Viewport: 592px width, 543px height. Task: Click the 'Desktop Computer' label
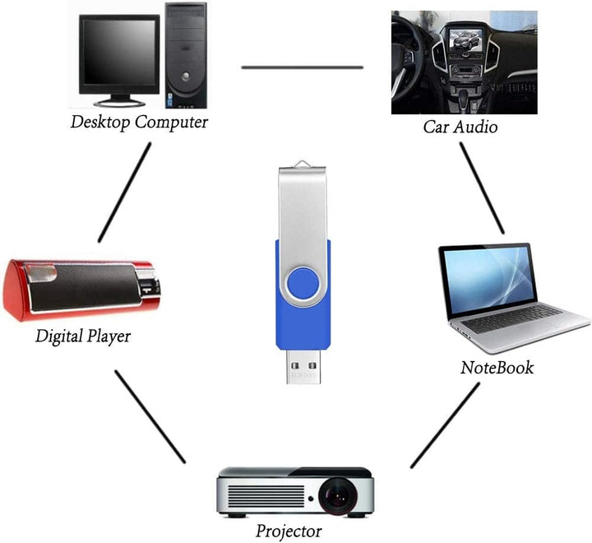coord(138,122)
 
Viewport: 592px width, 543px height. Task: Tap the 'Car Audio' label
coord(460,127)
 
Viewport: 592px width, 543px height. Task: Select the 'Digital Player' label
coord(82,336)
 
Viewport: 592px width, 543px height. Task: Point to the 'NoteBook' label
coord(496,367)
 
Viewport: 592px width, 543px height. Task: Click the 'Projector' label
coord(288,531)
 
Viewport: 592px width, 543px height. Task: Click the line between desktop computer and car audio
coord(302,67)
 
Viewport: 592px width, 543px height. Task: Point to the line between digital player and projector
coord(150,415)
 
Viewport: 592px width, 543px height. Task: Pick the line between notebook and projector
coord(445,425)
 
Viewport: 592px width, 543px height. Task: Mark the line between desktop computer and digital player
coord(125,193)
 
